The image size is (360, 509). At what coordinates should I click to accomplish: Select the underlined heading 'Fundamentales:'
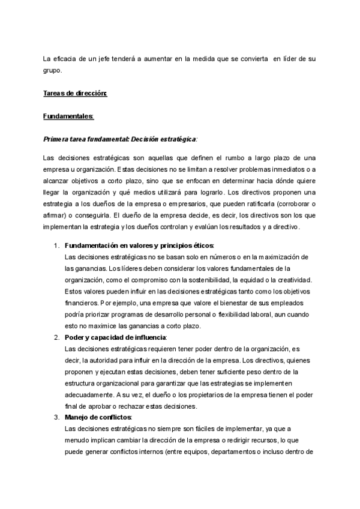pyautogui.click(x=68, y=116)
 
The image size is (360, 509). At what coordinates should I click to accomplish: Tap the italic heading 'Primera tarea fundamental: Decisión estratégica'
pyautogui.click(x=120, y=139)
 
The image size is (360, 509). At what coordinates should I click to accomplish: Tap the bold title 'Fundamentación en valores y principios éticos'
pyautogui.click(x=139, y=246)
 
